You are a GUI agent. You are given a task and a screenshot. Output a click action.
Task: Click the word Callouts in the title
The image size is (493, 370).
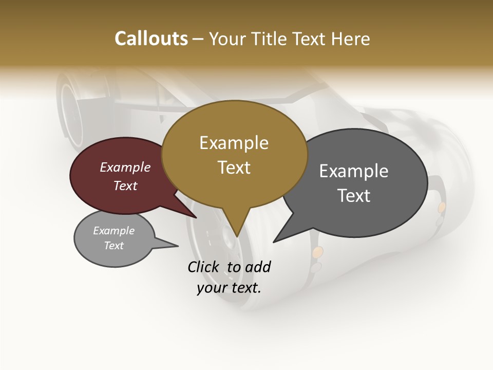[151, 39]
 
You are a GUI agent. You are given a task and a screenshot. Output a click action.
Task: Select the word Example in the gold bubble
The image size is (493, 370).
[234, 143]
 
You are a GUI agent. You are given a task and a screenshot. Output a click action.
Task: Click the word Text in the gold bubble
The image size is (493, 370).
[234, 168]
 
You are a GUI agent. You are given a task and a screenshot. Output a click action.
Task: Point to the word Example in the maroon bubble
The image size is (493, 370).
[125, 167]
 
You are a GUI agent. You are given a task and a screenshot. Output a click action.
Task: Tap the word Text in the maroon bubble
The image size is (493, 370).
[125, 186]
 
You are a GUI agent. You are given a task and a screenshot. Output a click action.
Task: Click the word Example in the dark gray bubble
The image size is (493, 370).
[354, 171]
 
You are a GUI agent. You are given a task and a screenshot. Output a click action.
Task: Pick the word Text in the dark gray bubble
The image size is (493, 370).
[354, 196]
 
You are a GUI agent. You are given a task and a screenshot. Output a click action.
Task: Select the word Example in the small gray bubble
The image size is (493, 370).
[113, 231]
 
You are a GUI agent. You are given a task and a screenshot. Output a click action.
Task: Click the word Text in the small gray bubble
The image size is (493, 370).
[113, 246]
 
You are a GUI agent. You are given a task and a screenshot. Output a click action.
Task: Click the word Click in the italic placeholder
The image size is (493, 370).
[203, 267]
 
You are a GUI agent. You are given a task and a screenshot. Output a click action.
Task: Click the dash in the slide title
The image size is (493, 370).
[198, 39]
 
